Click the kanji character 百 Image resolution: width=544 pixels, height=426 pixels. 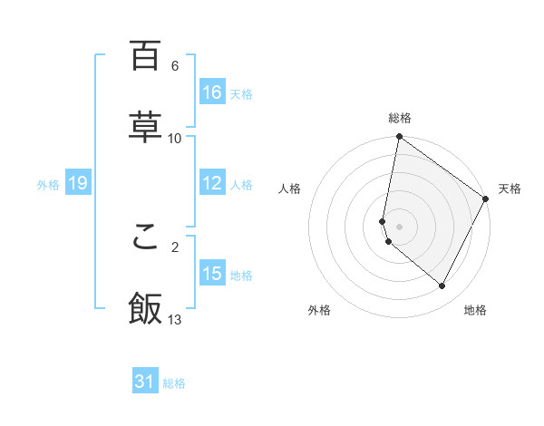point(145,56)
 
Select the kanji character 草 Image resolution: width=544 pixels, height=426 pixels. point(145,128)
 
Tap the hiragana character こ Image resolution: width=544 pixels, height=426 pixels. point(145,237)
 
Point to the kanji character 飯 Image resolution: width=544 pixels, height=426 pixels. point(145,309)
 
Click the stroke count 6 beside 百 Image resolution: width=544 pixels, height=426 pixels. point(175,66)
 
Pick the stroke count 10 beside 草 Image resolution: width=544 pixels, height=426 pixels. point(175,138)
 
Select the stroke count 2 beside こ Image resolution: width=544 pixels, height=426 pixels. point(175,246)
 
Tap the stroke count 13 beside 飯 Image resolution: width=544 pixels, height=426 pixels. point(175,319)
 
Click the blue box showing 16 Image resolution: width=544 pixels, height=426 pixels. point(212,92)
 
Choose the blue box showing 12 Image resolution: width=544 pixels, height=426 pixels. point(212,183)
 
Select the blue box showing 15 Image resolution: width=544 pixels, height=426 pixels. point(212,273)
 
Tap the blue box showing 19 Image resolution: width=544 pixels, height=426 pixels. point(78,183)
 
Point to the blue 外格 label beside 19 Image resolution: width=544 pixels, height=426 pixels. point(48,184)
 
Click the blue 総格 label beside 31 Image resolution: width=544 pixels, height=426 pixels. point(174,383)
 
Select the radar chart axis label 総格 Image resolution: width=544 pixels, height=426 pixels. point(399,118)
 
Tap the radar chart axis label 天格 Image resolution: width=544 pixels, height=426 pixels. point(510,189)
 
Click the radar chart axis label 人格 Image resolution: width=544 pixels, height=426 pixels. point(290,189)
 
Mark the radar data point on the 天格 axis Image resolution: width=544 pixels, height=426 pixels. point(486,199)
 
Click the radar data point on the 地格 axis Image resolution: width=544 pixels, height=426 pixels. point(442,286)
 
